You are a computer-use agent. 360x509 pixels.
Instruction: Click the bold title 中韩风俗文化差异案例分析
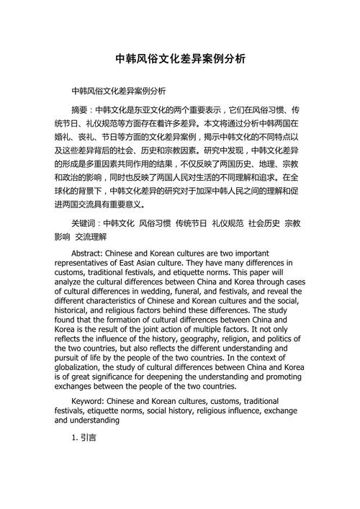[180, 60]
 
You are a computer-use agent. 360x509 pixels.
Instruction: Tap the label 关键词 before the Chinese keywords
[85, 223]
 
